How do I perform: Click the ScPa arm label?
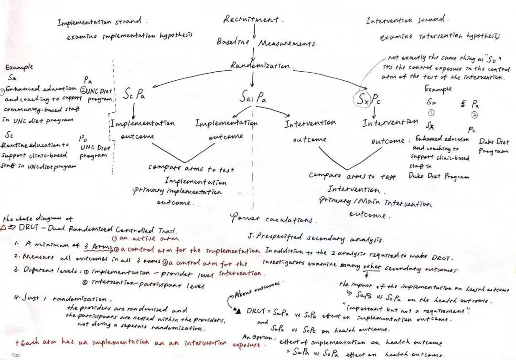(x=135, y=95)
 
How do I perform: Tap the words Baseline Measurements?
(x=267, y=43)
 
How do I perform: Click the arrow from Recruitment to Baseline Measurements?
(x=254, y=30)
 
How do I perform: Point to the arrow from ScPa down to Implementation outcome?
(x=134, y=110)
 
